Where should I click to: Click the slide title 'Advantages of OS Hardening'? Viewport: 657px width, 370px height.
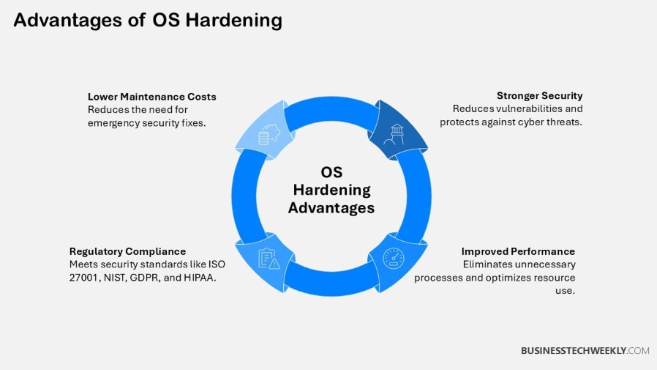tap(147, 21)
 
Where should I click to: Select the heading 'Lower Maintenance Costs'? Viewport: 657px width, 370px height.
tap(152, 97)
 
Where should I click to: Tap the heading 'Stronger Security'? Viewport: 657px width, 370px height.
tap(539, 95)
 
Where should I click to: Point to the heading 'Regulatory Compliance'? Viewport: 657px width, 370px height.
tap(127, 251)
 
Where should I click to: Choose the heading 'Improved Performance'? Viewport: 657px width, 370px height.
tap(518, 251)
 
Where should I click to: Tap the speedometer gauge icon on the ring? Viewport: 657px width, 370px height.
tap(393, 259)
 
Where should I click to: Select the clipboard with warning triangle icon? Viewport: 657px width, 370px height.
tap(269, 259)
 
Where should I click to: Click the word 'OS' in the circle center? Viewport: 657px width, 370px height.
tap(331, 172)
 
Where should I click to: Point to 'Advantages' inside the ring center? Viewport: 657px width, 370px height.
tap(331, 208)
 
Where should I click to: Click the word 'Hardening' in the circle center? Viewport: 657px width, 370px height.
tap(331, 190)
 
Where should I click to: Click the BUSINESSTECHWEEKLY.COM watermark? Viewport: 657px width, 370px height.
tap(585, 351)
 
